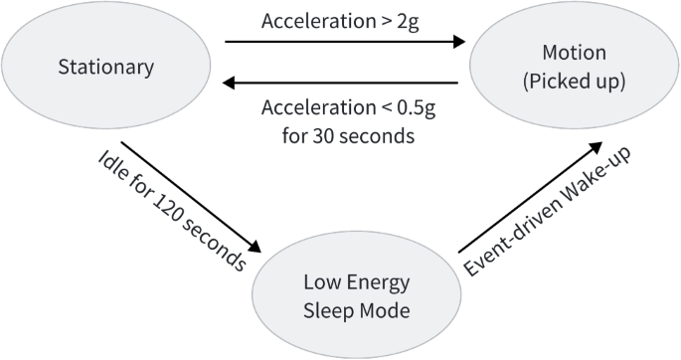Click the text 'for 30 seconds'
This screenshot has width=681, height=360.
click(343, 134)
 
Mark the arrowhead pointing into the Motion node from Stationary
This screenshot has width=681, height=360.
click(458, 42)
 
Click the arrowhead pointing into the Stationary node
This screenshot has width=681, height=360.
click(228, 85)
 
